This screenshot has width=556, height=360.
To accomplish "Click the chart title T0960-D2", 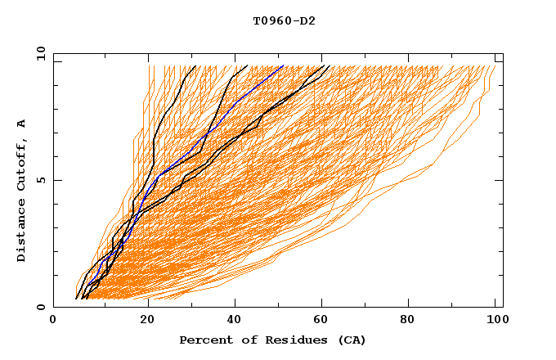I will coord(284,21).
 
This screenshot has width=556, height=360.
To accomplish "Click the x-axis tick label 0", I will coord(53,322).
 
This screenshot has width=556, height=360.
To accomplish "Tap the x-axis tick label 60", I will coord(323,322).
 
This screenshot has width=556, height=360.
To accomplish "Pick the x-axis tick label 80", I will coord(413,322).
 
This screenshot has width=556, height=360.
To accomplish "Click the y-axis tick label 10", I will coord(40,53).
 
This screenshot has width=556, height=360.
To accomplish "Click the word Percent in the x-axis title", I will coord(203,340).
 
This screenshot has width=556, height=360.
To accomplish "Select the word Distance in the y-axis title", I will coord(21,232).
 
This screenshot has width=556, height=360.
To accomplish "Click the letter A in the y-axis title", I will coord(21,124).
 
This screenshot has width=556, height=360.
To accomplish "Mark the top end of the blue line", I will coord(283,65).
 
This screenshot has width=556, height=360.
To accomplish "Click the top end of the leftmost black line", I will coord(196,65).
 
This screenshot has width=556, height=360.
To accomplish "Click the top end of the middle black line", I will coord(247,65).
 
